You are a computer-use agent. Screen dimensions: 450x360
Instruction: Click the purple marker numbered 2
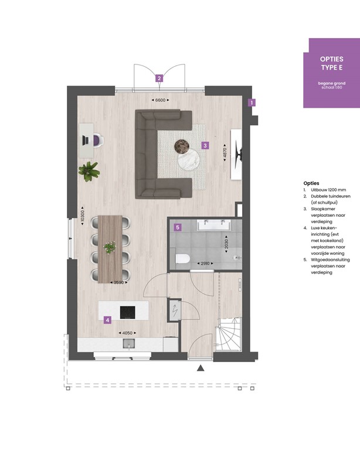158,77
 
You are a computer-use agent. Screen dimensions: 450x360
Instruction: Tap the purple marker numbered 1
251,103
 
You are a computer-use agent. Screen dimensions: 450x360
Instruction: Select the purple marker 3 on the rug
205,145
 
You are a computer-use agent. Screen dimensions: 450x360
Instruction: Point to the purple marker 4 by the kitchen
107,320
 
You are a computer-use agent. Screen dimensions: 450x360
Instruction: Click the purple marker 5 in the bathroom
178,227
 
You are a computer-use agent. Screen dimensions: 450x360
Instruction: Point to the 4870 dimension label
224,154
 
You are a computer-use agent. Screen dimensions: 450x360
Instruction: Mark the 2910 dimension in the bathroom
205,264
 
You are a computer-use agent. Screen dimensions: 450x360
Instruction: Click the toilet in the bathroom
182,258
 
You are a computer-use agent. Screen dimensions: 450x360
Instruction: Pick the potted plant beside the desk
89,171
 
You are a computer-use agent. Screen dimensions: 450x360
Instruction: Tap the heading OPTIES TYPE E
331,64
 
